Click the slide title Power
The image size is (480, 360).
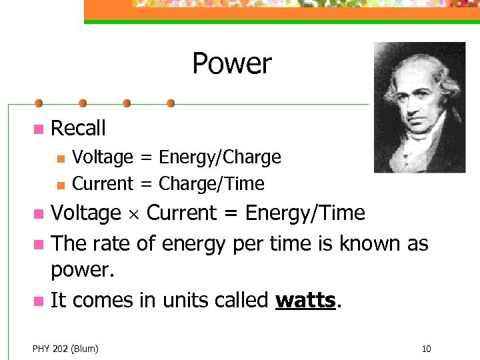[x=231, y=64]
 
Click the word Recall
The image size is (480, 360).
[x=78, y=128]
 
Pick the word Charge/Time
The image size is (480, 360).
[x=211, y=183]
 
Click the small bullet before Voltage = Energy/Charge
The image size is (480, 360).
[x=60, y=159]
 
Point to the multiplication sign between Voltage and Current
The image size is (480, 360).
[x=133, y=214]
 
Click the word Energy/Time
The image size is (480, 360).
[x=305, y=213]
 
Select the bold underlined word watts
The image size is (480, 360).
[x=305, y=301]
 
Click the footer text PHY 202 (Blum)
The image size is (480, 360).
[x=65, y=348]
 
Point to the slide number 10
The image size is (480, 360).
[x=427, y=348]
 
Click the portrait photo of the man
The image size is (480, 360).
[x=419, y=107]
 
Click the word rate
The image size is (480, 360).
[x=111, y=243]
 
